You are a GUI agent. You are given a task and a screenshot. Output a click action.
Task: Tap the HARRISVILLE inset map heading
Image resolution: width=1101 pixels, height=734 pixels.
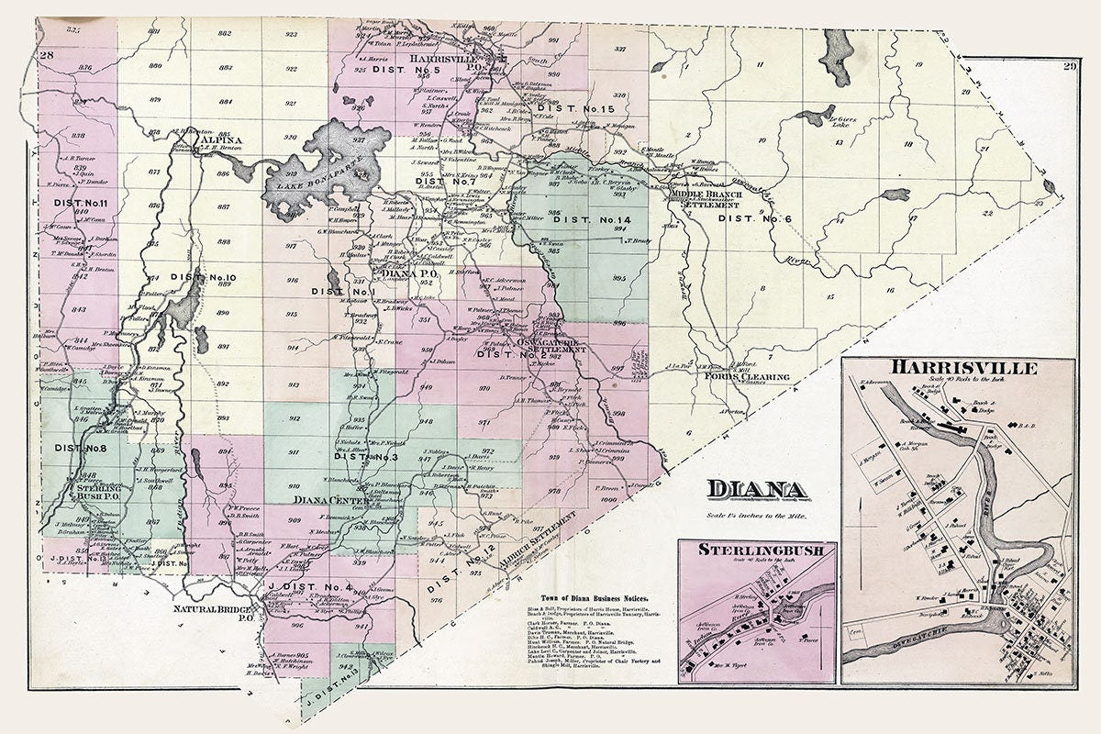pyautogui.click(x=957, y=369)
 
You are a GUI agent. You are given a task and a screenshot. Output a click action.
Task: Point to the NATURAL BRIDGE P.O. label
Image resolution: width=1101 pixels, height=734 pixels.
pyautogui.click(x=215, y=613)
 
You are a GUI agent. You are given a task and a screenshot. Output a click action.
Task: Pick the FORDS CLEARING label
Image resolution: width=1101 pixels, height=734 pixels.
pyautogui.click(x=735, y=376)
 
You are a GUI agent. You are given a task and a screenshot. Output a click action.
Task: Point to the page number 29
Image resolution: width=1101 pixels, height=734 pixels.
pyautogui.click(x=1068, y=65)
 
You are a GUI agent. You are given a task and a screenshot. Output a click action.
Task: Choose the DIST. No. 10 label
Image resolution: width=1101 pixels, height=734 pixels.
pyautogui.click(x=203, y=277)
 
